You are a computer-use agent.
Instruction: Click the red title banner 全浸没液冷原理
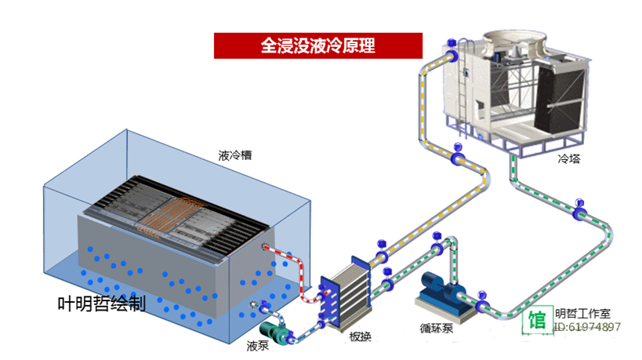click(x=317, y=45)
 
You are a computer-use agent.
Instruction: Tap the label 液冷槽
click(x=235, y=155)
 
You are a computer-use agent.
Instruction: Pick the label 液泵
click(x=258, y=345)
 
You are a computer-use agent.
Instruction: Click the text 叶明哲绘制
click(x=102, y=304)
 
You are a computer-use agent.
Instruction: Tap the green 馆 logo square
click(x=538, y=320)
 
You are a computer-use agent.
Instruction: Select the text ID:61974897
click(x=588, y=327)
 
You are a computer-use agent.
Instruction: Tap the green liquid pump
click(x=271, y=329)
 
